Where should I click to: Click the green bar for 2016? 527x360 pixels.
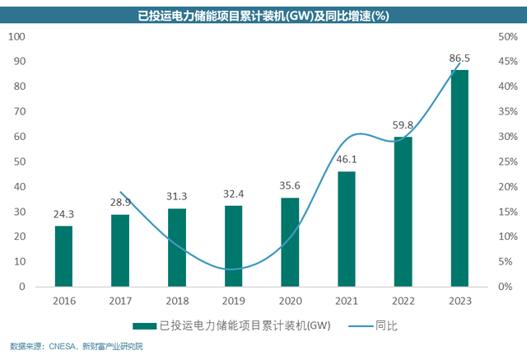tap(63, 256)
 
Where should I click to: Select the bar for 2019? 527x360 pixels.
tap(234, 246)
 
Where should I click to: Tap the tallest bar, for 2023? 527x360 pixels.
tap(459, 178)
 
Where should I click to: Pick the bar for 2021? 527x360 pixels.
tap(347, 229)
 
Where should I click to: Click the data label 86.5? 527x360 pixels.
tap(459, 58)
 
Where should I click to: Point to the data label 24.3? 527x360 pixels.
tap(63, 214)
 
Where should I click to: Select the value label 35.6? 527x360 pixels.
tap(290, 185)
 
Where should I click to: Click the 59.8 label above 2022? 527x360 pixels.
tap(403, 125)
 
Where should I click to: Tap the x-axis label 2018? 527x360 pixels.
tap(177, 301)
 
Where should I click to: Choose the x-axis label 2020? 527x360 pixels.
tap(290, 301)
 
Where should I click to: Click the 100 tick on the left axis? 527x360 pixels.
tap(18, 36)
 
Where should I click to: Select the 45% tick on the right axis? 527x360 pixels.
tap(507, 62)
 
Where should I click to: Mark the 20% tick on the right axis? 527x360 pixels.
tap(507, 187)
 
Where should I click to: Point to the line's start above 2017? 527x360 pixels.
tap(120, 192)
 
